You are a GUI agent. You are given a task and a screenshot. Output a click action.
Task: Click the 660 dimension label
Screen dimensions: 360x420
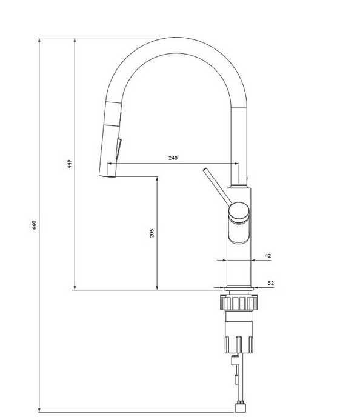pyautogui.click(x=34, y=225)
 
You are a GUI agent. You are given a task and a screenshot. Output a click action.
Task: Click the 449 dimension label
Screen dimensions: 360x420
pyautogui.click(x=69, y=164)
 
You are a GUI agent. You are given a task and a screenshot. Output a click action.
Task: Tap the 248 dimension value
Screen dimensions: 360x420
pyautogui.click(x=173, y=158)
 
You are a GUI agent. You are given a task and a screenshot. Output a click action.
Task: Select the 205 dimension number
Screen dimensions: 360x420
pyautogui.click(x=152, y=233)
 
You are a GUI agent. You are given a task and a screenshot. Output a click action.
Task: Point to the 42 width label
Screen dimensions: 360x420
pyautogui.click(x=268, y=256)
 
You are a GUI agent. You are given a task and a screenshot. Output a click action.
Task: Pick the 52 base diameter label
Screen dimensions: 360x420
pyautogui.click(x=271, y=283)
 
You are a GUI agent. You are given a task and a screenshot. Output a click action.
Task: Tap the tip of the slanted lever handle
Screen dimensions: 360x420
pyautogui.click(x=205, y=170)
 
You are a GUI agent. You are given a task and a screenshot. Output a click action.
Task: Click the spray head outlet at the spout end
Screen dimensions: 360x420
pyautogui.click(x=107, y=176)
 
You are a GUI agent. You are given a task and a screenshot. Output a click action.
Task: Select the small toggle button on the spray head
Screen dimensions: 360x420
pyautogui.click(x=118, y=148)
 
